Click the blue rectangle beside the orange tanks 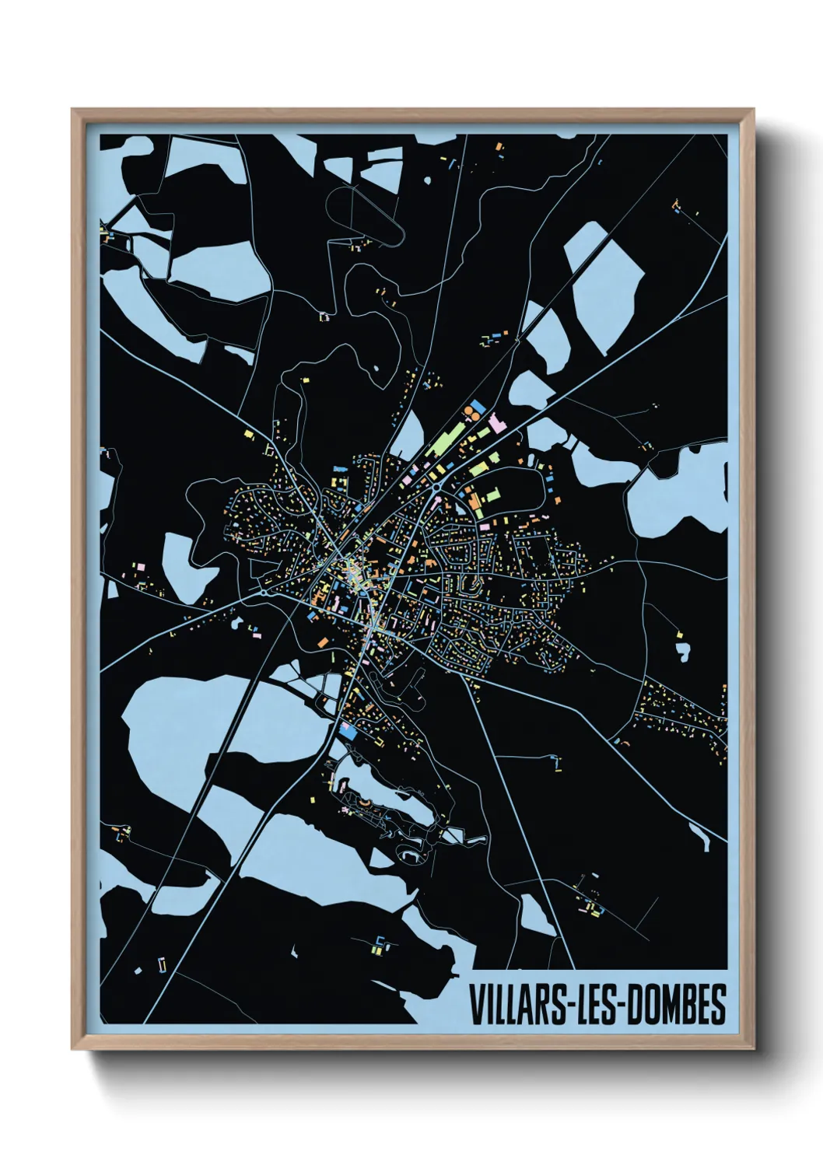[480, 405]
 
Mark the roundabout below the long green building [436, 487]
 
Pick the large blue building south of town [348, 732]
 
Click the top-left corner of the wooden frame [73, 110]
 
